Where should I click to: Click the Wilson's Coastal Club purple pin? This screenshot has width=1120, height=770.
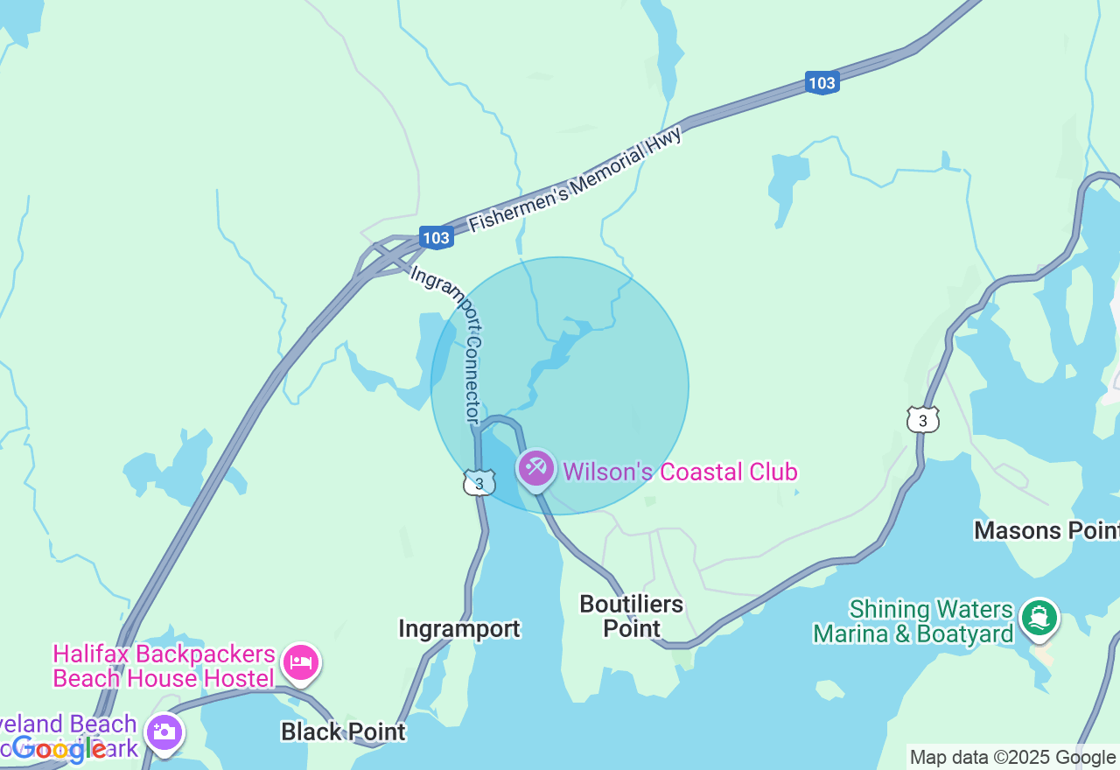536,468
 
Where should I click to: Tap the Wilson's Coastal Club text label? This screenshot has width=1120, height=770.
680,472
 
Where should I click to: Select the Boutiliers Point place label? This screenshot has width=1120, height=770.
632,616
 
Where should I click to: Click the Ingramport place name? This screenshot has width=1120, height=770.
458,629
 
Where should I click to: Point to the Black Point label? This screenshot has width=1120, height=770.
343,731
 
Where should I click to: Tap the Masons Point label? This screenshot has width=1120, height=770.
1046,530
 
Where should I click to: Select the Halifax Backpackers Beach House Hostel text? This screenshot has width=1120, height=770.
164,667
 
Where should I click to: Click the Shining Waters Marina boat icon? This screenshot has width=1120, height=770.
1039,619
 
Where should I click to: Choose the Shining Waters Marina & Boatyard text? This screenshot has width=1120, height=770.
913,621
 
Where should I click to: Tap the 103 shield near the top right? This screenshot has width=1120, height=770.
822,83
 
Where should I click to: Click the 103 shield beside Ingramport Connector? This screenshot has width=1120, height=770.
436,237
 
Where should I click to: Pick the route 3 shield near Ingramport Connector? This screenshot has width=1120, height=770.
479,484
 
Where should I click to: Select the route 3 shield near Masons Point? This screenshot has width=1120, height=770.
922,421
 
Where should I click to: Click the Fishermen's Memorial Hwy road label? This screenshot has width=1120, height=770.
575,179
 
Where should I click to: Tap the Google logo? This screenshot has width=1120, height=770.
59,748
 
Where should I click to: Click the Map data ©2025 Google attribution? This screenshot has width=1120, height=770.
1012,758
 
